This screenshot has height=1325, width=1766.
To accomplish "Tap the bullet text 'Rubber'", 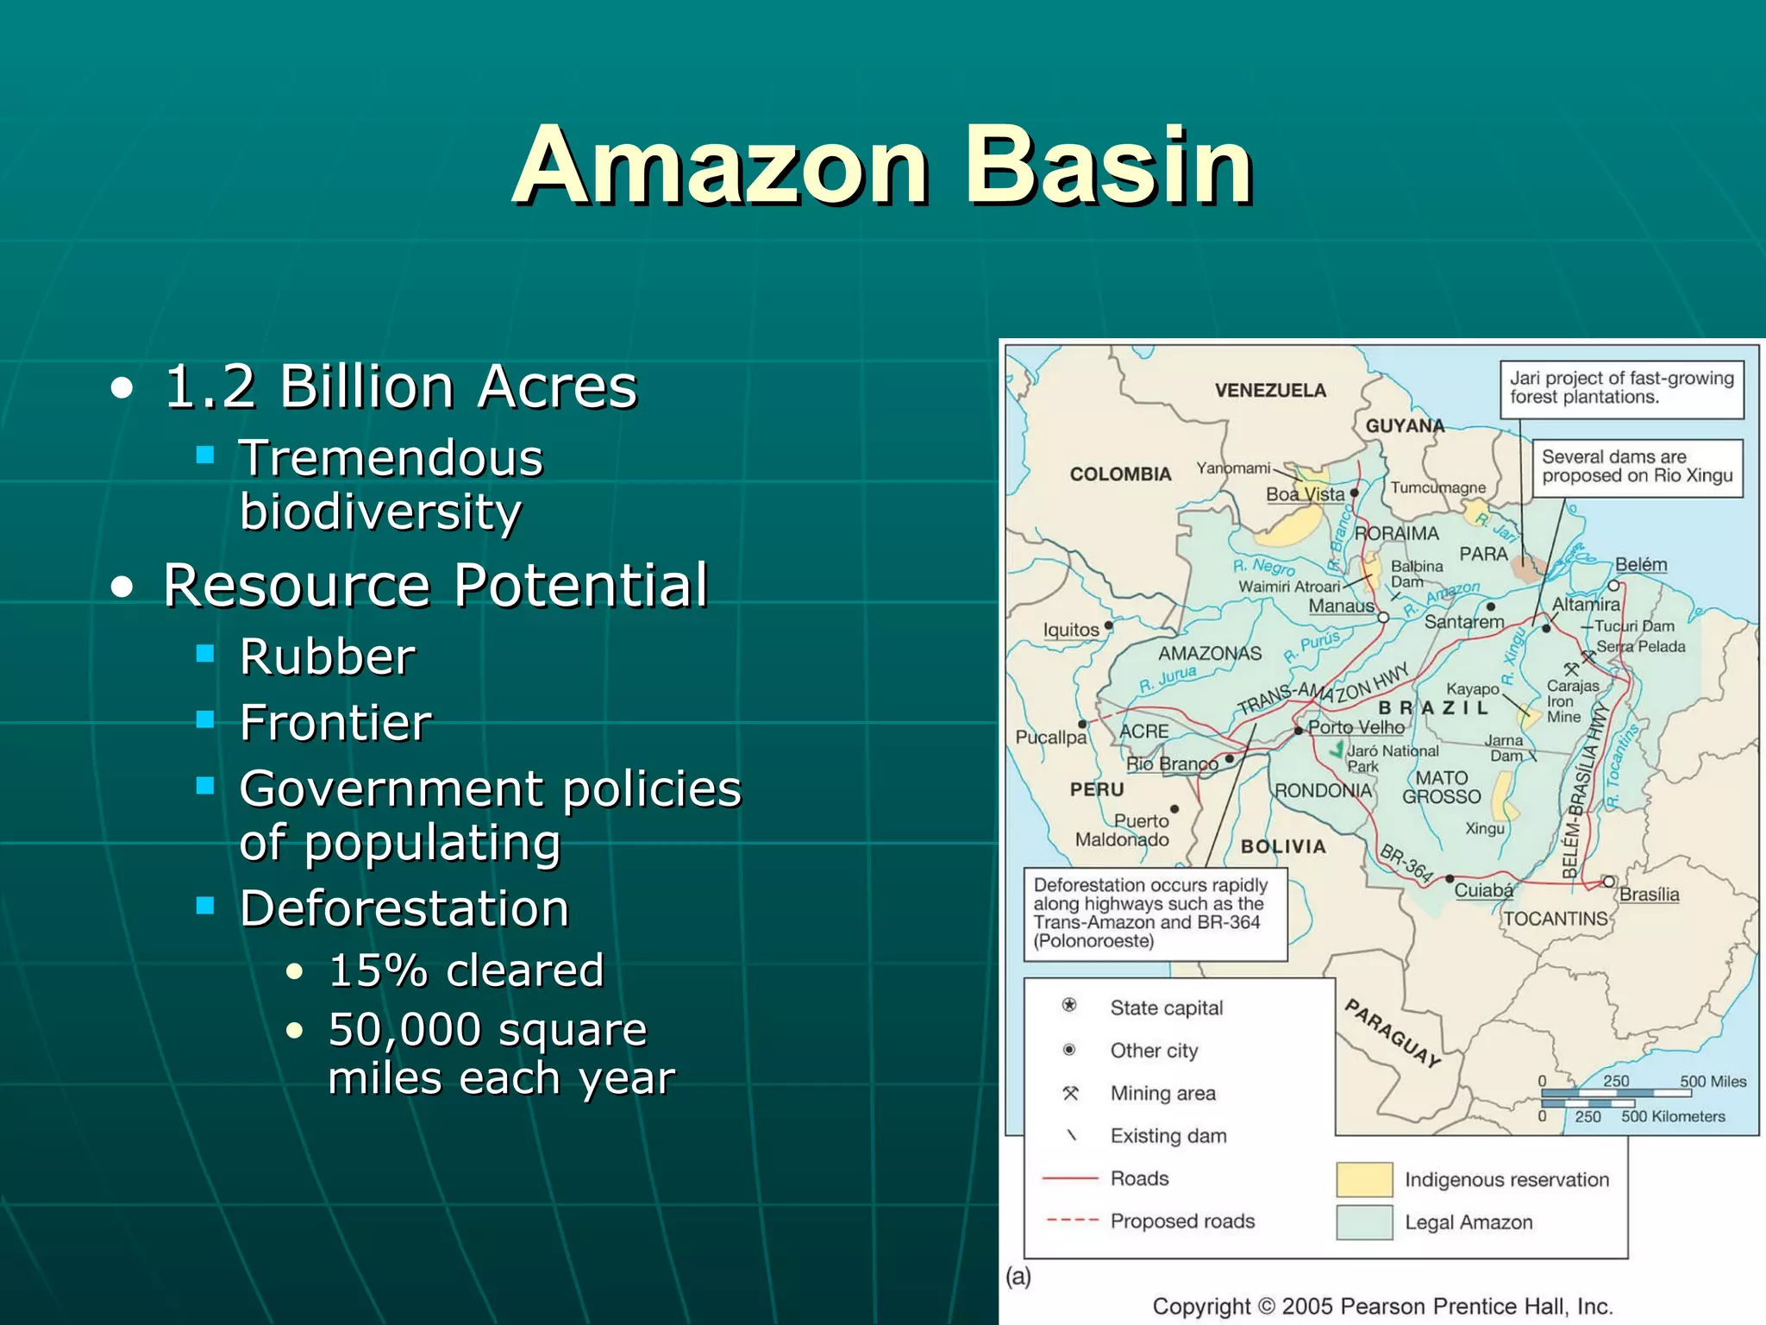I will pyautogui.click(x=328, y=657).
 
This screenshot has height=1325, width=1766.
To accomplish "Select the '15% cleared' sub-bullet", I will pyautogui.click(x=466, y=970).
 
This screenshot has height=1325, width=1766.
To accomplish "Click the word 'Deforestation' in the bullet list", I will pyautogui.click(x=404, y=908).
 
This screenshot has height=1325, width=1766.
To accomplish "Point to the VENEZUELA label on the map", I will pyautogui.click(x=1270, y=391).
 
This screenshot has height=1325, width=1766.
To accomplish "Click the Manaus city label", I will pyautogui.click(x=1341, y=606).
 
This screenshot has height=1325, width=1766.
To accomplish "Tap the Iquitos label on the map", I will pyautogui.click(x=1071, y=630).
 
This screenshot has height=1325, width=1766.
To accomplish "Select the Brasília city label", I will pyautogui.click(x=1649, y=895).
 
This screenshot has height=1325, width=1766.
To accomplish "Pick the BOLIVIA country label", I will pyautogui.click(x=1283, y=847).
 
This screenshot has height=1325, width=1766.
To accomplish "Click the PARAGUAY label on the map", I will pyautogui.click(x=1393, y=1033).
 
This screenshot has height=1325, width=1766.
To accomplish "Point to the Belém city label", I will pyautogui.click(x=1640, y=564).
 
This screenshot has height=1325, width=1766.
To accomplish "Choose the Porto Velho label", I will pyautogui.click(x=1356, y=727).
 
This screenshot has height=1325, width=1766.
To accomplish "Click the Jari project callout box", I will pyautogui.click(x=1621, y=388).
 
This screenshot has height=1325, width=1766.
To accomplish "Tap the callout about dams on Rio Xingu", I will pyautogui.click(x=1637, y=467).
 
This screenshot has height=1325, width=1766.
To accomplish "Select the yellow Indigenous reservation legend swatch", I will pyautogui.click(x=1364, y=1179).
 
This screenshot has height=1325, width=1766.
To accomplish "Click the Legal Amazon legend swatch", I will pyautogui.click(x=1364, y=1222).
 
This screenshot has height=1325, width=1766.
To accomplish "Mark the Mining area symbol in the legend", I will pyautogui.click(x=1070, y=1094).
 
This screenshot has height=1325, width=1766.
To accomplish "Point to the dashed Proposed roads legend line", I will pyautogui.click(x=1072, y=1221).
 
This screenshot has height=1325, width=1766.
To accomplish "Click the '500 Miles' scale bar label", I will pyautogui.click(x=1713, y=1082).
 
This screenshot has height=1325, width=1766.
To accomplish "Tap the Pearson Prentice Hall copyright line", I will pyautogui.click(x=1382, y=1306).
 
